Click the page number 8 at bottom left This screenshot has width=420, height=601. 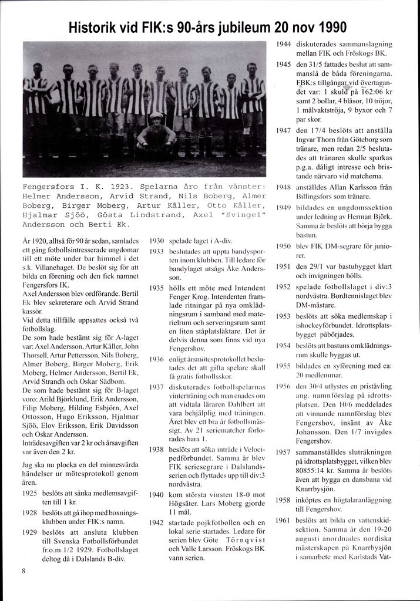tap(23, 570)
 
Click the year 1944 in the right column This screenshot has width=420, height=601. tap(284, 44)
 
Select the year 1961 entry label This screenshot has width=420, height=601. tap(284, 520)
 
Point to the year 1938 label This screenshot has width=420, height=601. tap(156, 449)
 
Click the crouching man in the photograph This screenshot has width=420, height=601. tap(156, 132)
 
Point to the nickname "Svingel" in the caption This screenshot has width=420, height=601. tap(243, 215)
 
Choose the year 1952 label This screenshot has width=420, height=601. tap(284, 286)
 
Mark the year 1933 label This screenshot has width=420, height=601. tap(156, 250)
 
